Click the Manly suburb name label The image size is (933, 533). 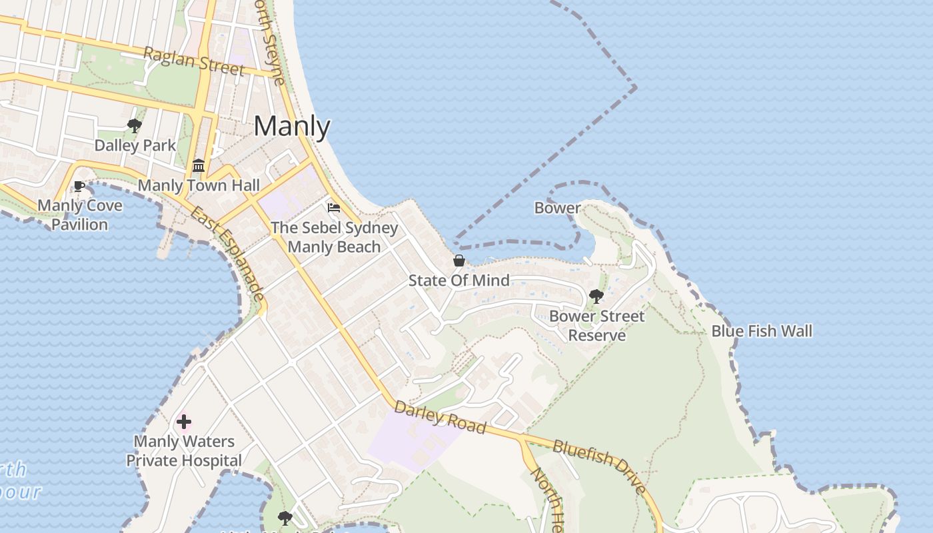[292, 127]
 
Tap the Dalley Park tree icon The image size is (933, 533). [134, 125]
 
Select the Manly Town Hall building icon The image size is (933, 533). [199, 165]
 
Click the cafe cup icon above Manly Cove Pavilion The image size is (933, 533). [79, 186]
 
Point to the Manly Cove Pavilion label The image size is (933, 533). [80, 215]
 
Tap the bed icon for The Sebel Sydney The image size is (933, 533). [334, 208]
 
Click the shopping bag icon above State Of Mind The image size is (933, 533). [459, 260]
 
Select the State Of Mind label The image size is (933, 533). [459, 280]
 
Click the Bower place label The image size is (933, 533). [557, 208]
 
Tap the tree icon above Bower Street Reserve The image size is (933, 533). [596, 296]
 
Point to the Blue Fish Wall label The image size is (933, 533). [762, 330]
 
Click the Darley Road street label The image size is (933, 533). [440, 417]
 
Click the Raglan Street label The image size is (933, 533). [193, 61]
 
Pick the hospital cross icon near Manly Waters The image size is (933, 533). [184, 422]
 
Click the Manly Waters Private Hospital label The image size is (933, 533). [184, 451]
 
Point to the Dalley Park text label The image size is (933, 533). [135, 145]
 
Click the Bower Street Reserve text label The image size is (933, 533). [597, 325]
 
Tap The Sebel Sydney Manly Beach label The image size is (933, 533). [335, 237]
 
